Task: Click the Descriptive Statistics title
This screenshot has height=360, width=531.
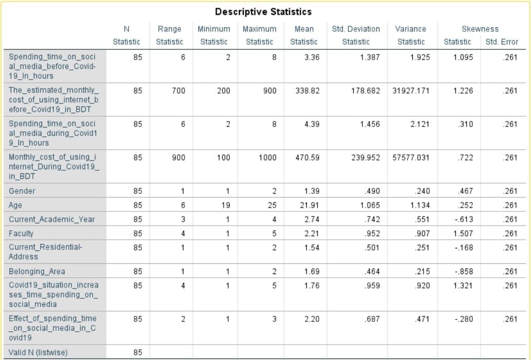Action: pos(263,11)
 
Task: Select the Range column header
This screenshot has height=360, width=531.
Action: pos(169,29)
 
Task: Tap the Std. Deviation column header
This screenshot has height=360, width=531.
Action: pos(356,29)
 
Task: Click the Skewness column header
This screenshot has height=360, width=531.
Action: pos(480,29)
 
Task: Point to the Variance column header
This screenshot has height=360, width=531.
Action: pos(411,29)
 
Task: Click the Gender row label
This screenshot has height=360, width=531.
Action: pos(22,191)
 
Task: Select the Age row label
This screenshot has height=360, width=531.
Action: pos(15,205)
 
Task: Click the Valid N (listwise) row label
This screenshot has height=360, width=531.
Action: pos(38,352)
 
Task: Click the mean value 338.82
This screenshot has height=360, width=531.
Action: pos(307,91)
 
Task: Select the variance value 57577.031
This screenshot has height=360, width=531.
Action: pos(410,158)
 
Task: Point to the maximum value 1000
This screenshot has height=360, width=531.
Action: pos(267,158)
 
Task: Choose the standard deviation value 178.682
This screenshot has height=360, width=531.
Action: pos(365,91)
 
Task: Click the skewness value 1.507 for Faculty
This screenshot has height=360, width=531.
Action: pos(463,233)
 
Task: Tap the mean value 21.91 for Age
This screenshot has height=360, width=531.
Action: pos(311,205)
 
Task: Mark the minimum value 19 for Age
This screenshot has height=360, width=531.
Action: pos(226,205)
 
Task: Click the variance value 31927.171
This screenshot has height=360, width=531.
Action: pos(410,91)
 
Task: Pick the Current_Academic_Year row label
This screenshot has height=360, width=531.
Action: pos(52,220)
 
